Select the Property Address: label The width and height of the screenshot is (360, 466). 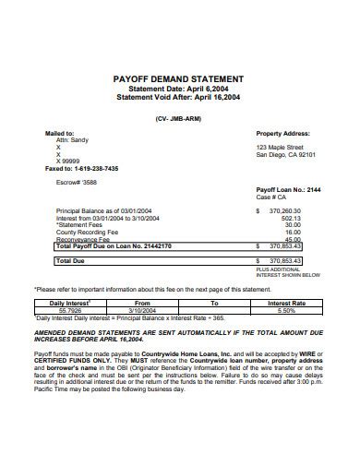[284, 133]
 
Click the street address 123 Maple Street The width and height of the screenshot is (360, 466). [280, 147]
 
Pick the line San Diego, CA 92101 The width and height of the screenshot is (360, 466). [286, 154]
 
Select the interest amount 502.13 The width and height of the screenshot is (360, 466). [292, 218]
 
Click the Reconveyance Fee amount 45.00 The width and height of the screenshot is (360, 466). [294, 239]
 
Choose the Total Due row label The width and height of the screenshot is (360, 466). [72, 261]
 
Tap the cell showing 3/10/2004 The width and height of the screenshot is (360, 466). [143, 310]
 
